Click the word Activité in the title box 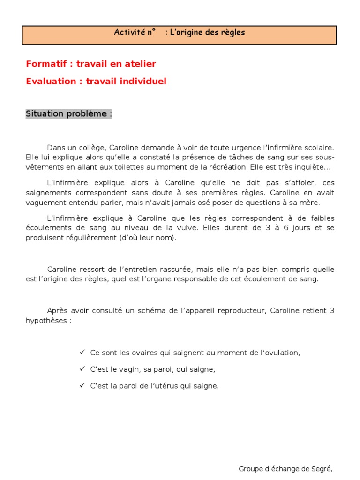(128, 33)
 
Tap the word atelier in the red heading (139, 64)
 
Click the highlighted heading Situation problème (68, 114)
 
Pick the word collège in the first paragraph (97, 148)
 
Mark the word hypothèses (46, 321)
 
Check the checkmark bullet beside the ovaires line (82, 352)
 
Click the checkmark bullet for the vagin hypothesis (82, 369)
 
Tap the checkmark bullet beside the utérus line (82, 386)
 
